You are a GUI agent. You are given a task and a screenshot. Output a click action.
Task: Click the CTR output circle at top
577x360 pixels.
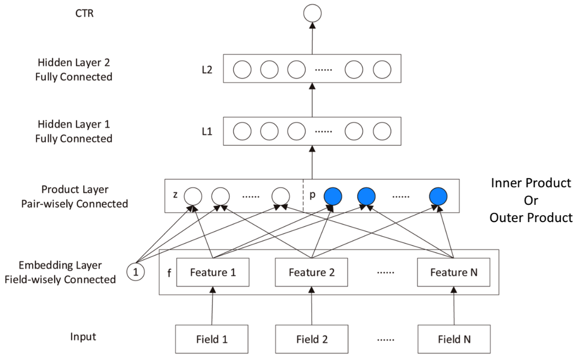312,14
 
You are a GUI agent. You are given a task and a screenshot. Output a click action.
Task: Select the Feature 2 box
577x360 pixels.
311,272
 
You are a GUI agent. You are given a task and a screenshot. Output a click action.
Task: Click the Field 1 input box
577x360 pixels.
213,339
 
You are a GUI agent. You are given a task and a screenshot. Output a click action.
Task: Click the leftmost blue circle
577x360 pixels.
333,196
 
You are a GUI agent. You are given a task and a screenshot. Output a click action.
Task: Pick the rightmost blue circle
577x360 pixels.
438,196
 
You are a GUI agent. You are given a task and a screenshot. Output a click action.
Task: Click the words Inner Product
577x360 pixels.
531,183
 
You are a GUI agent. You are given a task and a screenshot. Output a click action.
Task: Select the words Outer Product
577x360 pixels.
531,218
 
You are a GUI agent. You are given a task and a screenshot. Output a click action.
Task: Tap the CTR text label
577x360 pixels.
85,13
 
